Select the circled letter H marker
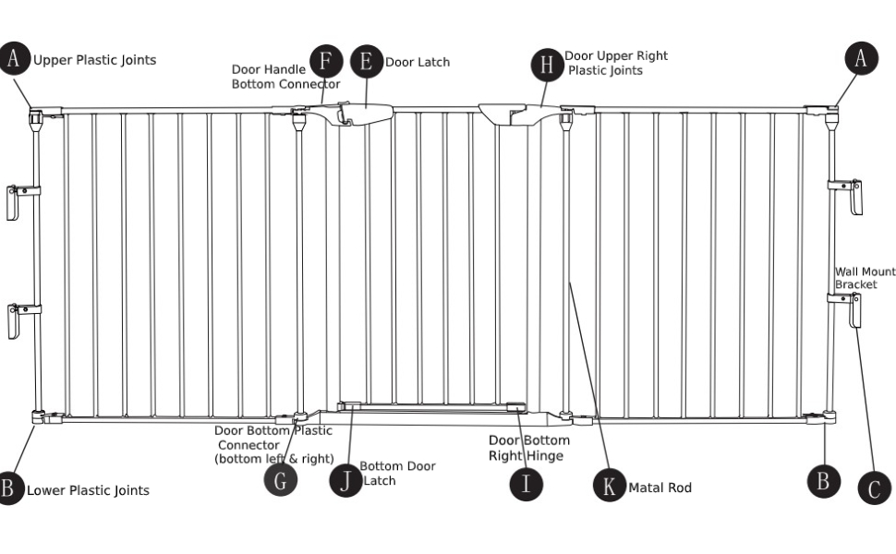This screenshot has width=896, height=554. [548, 64]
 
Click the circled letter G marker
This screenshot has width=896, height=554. [281, 478]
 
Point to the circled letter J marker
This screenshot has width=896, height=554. [345, 480]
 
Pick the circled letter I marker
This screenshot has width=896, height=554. [526, 483]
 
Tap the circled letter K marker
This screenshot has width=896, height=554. [609, 486]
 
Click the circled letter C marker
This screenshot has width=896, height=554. [874, 487]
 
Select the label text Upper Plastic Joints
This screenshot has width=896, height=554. [95, 60]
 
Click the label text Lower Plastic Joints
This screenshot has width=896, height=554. [88, 490]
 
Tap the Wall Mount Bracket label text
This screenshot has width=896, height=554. [865, 278]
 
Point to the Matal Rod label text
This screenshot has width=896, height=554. [660, 488]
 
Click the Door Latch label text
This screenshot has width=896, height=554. [418, 62]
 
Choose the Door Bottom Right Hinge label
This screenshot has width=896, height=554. [528, 448]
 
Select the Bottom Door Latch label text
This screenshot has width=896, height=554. [396, 473]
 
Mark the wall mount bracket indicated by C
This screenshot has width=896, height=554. [852, 309]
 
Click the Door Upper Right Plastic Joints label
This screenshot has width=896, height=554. [616, 63]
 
